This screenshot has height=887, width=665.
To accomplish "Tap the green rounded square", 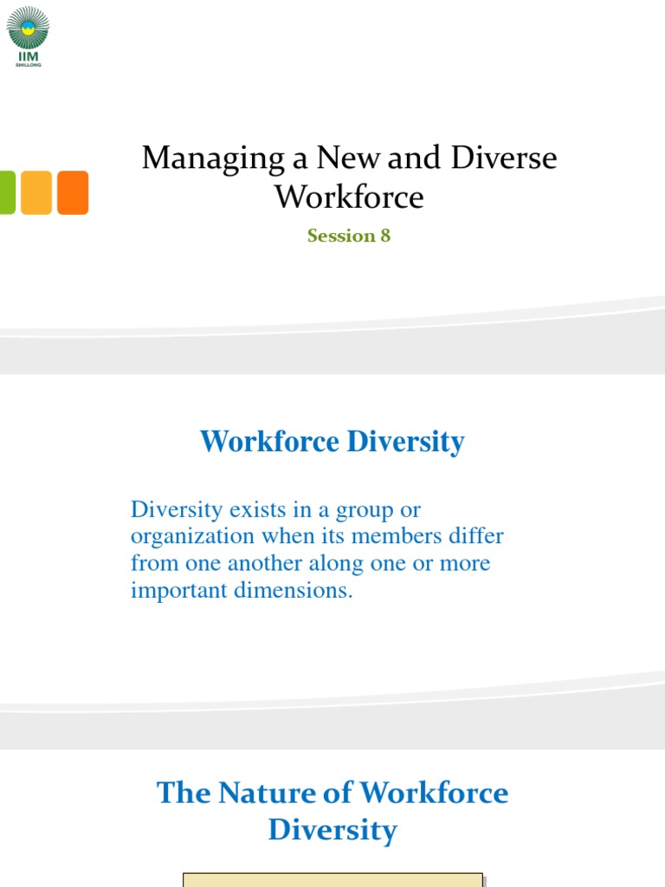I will click(6, 192).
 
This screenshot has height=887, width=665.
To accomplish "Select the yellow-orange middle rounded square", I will click(36, 192).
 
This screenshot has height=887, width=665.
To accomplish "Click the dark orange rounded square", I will click(73, 192).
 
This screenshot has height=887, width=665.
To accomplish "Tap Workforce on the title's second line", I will click(349, 197).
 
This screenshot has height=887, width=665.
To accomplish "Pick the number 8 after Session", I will click(385, 236).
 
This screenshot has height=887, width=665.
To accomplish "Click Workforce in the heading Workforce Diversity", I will click(269, 442).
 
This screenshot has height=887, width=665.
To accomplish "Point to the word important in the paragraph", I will click(180, 591).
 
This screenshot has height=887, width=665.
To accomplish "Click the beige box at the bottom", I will click(332, 879).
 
